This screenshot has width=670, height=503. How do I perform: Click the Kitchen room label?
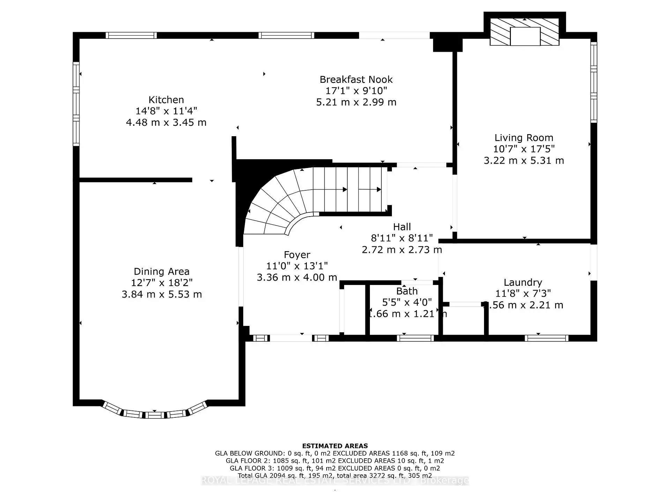click(x=166, y=100)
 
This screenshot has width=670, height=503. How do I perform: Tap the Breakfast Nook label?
click(x=356, y=80)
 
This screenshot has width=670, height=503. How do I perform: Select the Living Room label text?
click(x=523, y=138)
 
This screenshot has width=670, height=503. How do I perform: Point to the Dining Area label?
click(x=162, y=272)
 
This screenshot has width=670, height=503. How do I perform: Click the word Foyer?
click(x=297, y=255)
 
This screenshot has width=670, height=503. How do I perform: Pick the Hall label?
click(x=402, y=227)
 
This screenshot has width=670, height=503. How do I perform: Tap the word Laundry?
click(x=522, y=283)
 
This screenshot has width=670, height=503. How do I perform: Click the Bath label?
click(x=407, y=291)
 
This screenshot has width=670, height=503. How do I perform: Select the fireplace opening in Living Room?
click(x=525, y=36)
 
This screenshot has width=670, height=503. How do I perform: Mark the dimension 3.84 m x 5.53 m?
click(x=162, y=294)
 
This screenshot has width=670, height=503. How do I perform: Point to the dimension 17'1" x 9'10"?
click(x=356, y=91)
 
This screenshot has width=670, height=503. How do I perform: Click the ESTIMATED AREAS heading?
click(x=335, y=446)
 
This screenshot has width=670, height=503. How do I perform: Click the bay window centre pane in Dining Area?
click(x=155, y=415)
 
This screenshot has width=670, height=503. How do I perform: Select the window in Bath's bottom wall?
click(x=415, y=338)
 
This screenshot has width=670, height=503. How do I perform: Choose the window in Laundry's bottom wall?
click(x=546, y=338)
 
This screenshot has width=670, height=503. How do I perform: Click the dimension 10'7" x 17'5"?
click(x=523, y=149)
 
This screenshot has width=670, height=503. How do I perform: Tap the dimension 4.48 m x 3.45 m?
click(x=166, y=123)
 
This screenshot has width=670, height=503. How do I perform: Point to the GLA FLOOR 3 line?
click(x=335, y=468)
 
